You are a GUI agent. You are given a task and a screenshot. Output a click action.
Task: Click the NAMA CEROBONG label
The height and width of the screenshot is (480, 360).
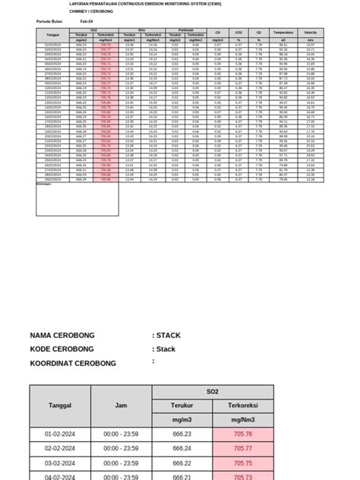tap(69, 335)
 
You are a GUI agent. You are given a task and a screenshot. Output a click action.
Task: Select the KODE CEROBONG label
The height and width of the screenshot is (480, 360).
tap(68, 349)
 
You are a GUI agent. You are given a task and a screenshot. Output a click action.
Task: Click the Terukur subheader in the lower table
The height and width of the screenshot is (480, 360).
tap(182, 406)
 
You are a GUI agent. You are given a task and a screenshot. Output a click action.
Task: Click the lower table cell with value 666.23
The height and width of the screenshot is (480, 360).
tap(182, 434)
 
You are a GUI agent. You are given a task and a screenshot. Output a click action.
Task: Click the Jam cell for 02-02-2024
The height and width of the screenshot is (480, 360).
tap(121, 449)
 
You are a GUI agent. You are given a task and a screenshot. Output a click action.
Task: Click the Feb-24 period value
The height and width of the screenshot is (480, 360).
tap(87, 21)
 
